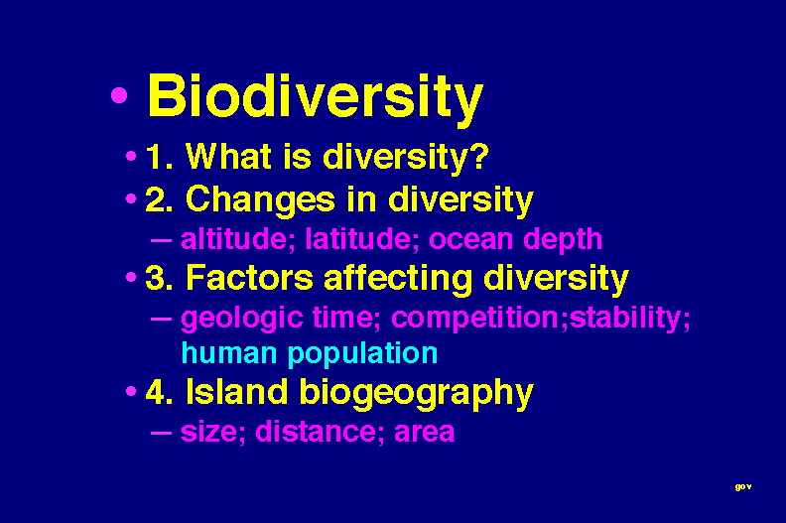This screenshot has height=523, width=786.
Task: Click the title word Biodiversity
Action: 316,97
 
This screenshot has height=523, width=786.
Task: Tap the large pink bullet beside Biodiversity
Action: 119,94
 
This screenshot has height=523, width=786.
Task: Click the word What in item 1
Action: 228,156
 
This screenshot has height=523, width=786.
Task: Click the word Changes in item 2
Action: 260,200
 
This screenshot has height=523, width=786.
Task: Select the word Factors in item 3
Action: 249,277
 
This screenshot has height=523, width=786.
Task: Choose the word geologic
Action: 241,320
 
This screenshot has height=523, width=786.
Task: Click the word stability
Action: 625,318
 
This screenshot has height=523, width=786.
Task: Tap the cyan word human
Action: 229,352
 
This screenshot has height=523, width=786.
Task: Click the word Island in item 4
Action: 236,391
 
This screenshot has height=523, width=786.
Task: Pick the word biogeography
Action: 416,394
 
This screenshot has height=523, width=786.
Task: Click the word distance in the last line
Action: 316,432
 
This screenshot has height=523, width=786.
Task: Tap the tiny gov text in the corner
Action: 743,486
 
